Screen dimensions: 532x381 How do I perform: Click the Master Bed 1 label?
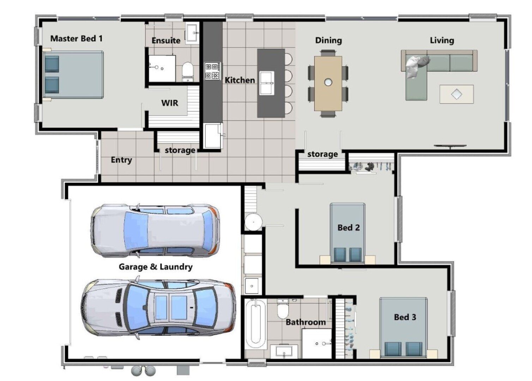pos(76,38)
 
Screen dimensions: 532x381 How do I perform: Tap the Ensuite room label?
pos(166,41)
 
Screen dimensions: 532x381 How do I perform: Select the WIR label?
pos(170,103)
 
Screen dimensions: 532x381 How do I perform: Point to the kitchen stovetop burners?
pos(213,71)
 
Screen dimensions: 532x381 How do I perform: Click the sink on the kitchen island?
pos(267,83)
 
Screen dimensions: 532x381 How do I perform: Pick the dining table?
pos(328,83)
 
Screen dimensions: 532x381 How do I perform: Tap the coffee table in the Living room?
pos(456,94)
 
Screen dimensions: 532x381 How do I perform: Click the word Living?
pos(442,40)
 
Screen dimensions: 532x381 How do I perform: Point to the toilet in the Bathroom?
pos(283,309)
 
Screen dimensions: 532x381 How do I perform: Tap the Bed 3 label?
pos(405,317)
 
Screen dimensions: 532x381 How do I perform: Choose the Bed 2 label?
pos(349,228)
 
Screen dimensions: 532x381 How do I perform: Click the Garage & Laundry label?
pos(156,267)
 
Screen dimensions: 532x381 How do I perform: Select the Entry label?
pos(121,160)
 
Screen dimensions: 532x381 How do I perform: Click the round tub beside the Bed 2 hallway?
pos(253,222)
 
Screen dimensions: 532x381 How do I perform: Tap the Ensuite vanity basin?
pos(193,33)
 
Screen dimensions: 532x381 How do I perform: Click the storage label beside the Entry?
pos(180,150)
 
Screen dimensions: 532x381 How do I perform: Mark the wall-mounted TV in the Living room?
pos(450,146)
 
